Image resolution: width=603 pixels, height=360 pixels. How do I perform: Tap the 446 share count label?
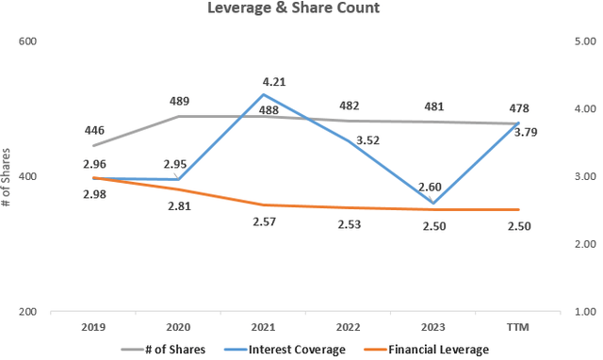click(x=92, y=131)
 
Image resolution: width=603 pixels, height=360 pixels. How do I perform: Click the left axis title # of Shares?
click(x=8, y=175)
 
